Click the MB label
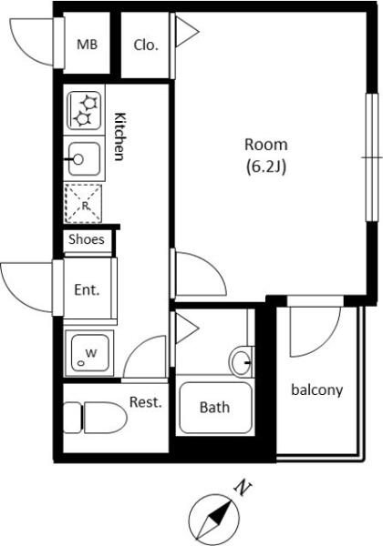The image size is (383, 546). coord(87,45)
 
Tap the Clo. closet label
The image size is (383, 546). coord(146,45)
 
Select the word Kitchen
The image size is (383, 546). coord(119,136)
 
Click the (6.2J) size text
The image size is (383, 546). coord(266,167)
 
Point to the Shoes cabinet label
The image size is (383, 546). coord(86,239)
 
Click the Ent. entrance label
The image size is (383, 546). coord(87,289)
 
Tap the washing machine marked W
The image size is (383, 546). coord(89,353)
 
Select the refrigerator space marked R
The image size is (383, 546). coord(83,204)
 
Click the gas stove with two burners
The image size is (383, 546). coord(85,111)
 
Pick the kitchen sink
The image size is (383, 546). coord(85,159)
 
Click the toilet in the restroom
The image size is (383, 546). coord(95,418)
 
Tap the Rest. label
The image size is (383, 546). coord(146,402)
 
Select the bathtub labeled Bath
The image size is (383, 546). coord(215,408)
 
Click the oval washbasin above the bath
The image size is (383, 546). coord(240,362)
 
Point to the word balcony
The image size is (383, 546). coord(317,390)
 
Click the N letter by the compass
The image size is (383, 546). coord(243,488)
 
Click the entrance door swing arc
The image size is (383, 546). coord(16,295)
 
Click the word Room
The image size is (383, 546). coord(266,144)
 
